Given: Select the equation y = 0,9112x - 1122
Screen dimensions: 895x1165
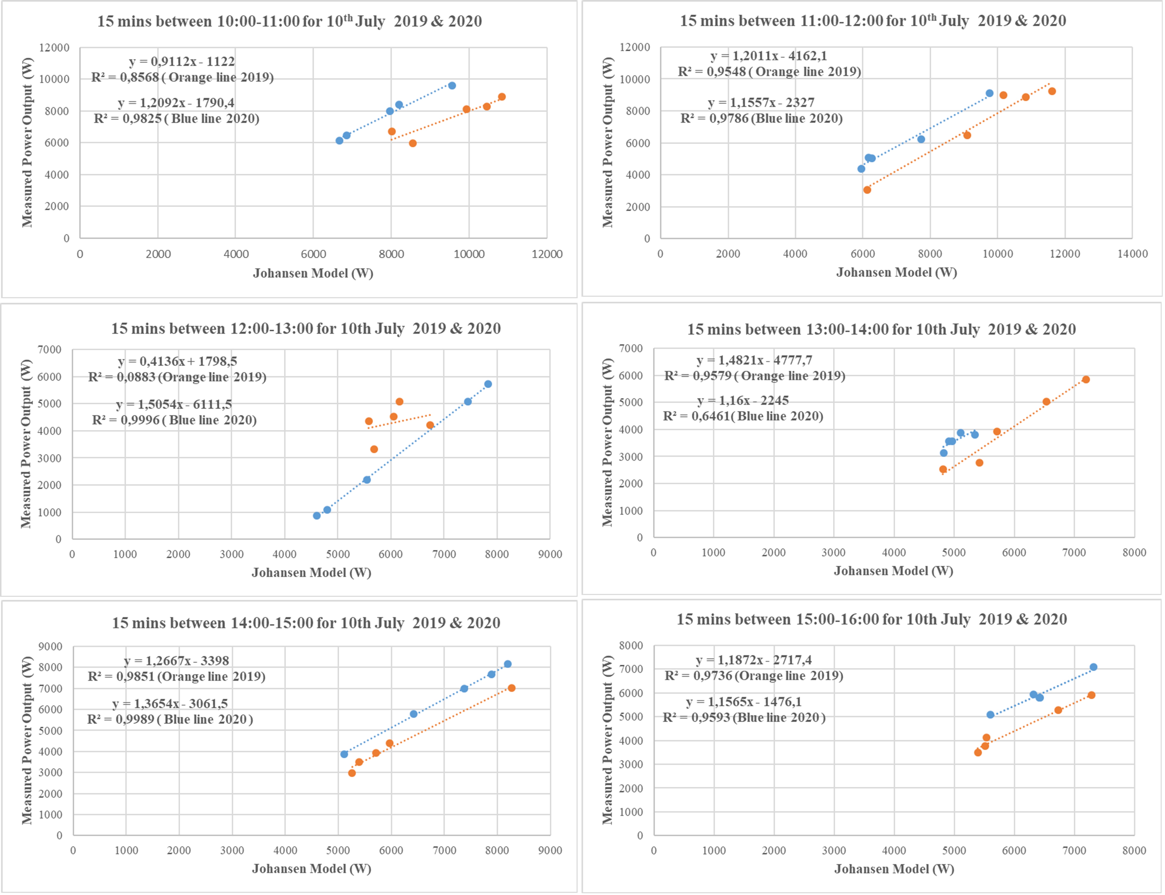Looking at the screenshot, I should [182, 61].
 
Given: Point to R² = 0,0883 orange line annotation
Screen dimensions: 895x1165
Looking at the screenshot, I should [177, 377].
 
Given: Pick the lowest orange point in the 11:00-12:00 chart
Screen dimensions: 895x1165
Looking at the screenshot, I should [867, 190].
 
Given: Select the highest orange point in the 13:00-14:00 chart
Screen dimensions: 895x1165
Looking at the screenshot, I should [1086, 379].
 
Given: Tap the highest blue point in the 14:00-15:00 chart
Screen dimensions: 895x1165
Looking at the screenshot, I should [507, 664].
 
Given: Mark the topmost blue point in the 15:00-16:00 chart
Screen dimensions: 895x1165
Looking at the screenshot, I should [1093, 667].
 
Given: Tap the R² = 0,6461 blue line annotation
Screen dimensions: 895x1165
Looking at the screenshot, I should [743, 416].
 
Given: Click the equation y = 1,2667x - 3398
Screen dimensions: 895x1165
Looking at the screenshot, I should [176, 661].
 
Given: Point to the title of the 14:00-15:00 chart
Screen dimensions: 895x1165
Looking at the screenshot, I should [306, 623].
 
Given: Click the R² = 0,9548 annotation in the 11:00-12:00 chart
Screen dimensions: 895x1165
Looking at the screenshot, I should [769, 71].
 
